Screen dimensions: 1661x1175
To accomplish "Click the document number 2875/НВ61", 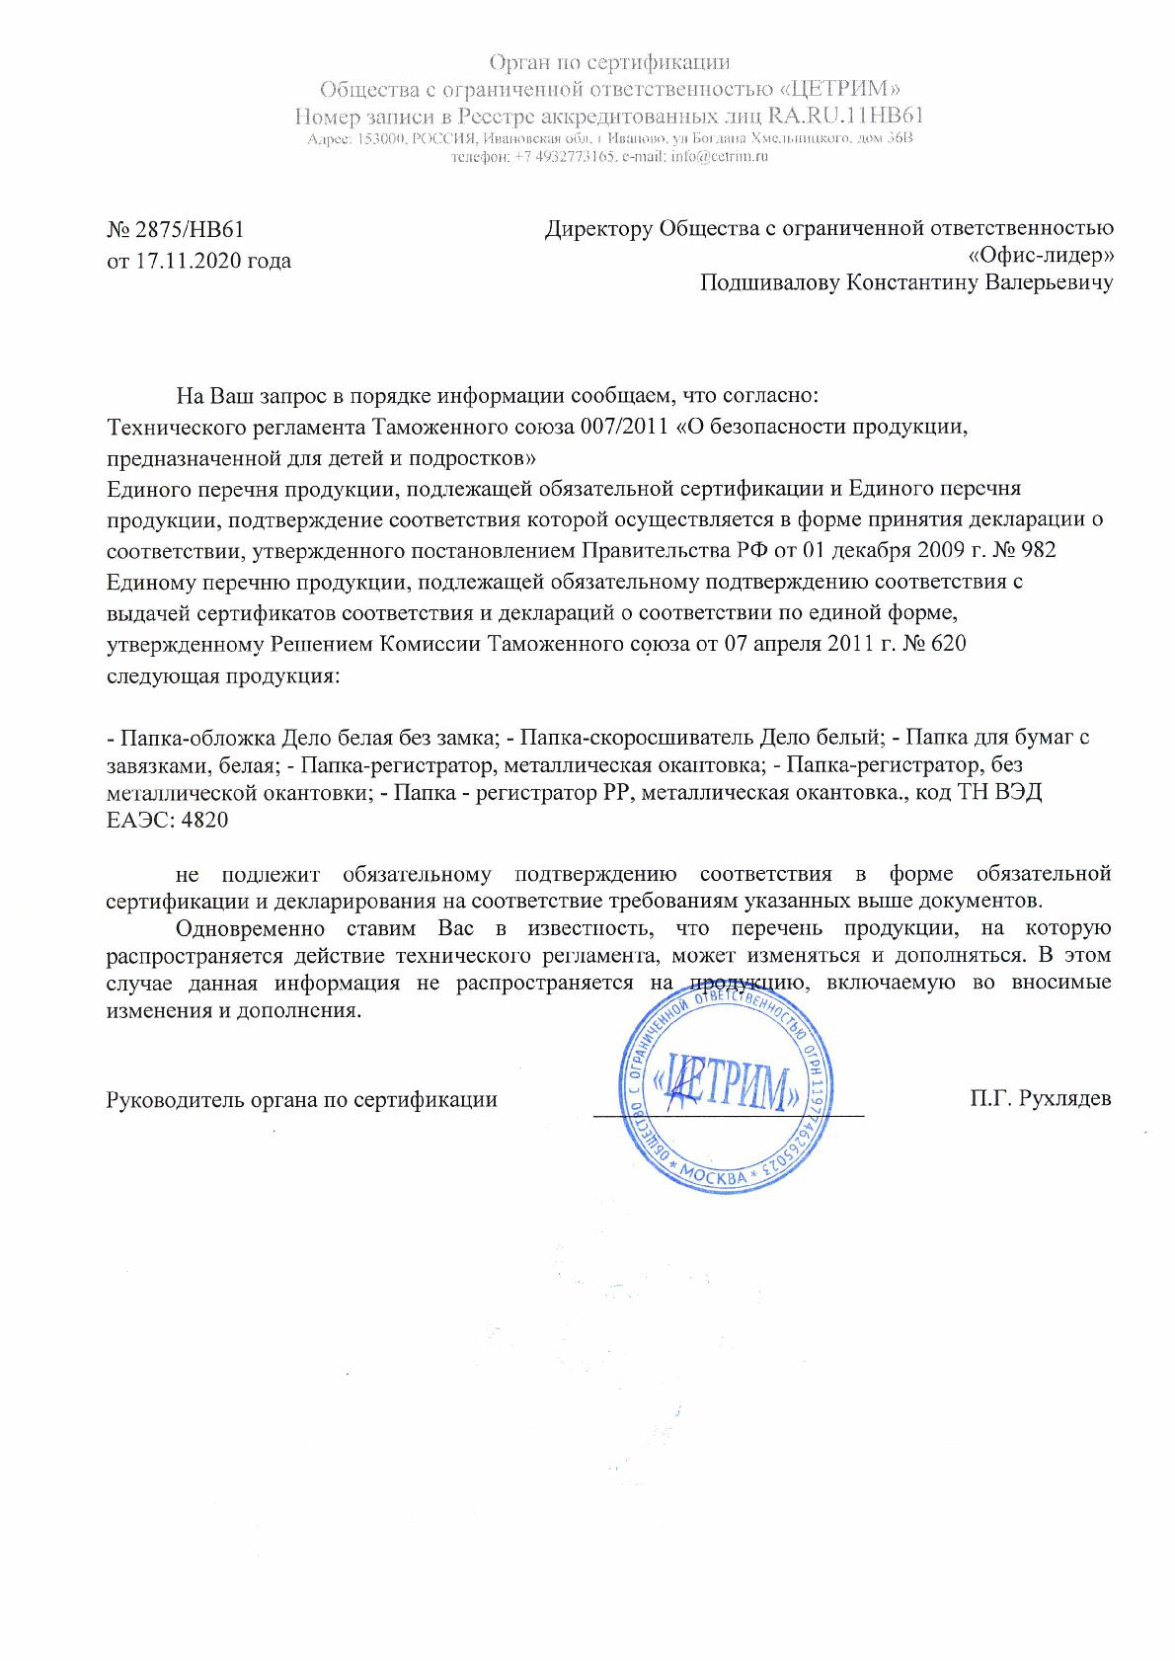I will coord(188,230).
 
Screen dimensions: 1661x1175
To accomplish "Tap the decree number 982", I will coord(1037,550).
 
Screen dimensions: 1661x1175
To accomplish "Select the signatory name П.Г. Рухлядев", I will coord(1042,1099).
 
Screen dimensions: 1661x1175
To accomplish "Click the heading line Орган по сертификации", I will coord(610,63).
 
